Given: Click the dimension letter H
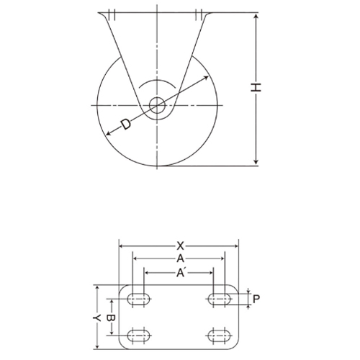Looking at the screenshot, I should [x=256, y=88].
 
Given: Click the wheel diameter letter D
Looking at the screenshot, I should [x=125, y=125].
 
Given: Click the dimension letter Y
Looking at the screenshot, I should [x=96, y=318].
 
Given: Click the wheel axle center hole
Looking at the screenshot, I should [x=157, y=106].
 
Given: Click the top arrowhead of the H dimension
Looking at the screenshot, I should [x=256, y=15].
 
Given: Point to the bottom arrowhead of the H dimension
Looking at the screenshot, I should [x=256, y=163].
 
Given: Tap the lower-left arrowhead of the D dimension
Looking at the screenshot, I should [x=108, y=135].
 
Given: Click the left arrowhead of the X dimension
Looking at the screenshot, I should [x=122, y=246].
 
